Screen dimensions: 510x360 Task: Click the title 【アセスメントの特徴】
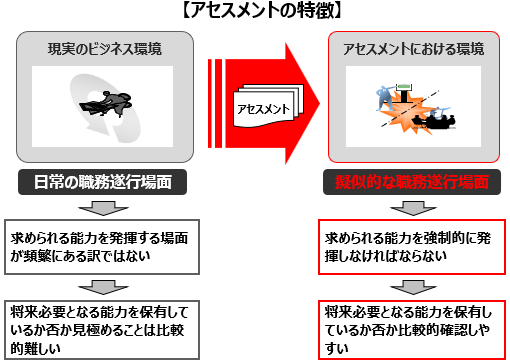[x=262, y=11]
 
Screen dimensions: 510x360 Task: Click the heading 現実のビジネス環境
[x=105, y=49]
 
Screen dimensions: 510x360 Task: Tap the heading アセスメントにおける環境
[x=414, y=49]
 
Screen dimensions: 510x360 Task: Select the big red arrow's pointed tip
[x=320, y=103]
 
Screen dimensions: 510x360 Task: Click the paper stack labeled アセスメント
[x=268, y=106]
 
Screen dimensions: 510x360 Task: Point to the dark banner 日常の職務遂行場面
[x=102, y=182]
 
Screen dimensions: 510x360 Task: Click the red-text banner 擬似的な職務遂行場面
[x=412, y=182]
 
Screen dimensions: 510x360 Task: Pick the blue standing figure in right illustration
[x=386, y=98]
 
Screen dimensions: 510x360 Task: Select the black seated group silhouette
[x=433, y=122]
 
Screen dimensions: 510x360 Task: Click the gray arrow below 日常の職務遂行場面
[x=103, y=208]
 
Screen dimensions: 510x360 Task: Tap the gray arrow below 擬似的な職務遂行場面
[x=413, y=208]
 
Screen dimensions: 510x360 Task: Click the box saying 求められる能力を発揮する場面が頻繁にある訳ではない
[x=102, y=247]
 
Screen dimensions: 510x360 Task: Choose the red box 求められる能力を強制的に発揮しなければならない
[x=412, y=247]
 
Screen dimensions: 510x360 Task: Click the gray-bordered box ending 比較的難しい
[x=102, y=330]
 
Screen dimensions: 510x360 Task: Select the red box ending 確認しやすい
[x=412, y=330]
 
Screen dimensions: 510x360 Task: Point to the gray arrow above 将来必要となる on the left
[x=103, y=287]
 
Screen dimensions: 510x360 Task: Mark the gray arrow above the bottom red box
[x=413, y=287]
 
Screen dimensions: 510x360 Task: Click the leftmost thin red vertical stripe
[x=210, y=103]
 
